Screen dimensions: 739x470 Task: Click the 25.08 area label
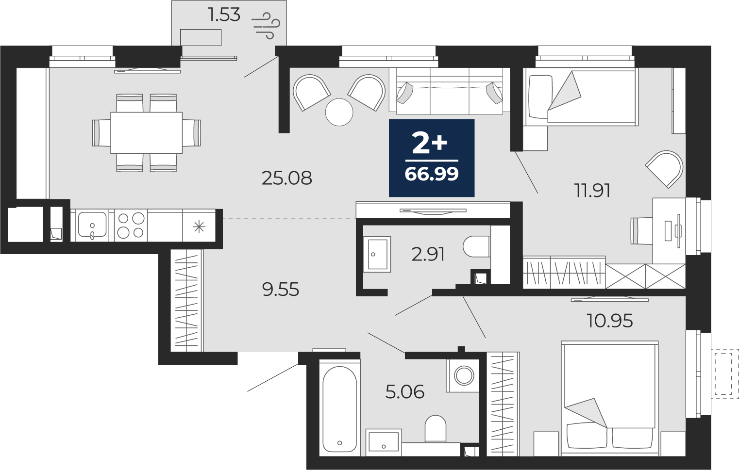[286, 178]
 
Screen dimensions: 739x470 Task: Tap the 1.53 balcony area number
[224, 15]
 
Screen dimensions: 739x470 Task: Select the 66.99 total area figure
[432, 174]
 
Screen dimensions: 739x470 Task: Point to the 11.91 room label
[592, 191]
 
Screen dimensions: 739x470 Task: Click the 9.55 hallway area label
[281, 290]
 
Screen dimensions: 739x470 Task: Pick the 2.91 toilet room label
[428, 255]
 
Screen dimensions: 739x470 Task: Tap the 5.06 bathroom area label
[405, 392]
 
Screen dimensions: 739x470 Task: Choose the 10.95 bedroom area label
[610, 320]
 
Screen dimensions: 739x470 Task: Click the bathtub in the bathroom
[339, 409]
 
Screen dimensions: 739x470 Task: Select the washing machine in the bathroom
[463, 375]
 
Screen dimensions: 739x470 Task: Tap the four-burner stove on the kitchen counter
[131, 226]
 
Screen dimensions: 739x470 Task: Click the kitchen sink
[92, 226]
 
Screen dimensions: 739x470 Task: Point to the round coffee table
[339, 112]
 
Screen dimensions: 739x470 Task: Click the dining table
[147, 133]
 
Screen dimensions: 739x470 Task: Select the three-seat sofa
[446, 91]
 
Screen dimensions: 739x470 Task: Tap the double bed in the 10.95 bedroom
[610, 396]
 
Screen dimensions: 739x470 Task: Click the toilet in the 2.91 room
[477, 246]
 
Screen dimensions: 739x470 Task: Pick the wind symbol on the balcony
[266, 26]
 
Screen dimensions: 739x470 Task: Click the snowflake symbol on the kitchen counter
[199, 227]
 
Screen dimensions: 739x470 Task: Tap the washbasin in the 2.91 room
[377, 254]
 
